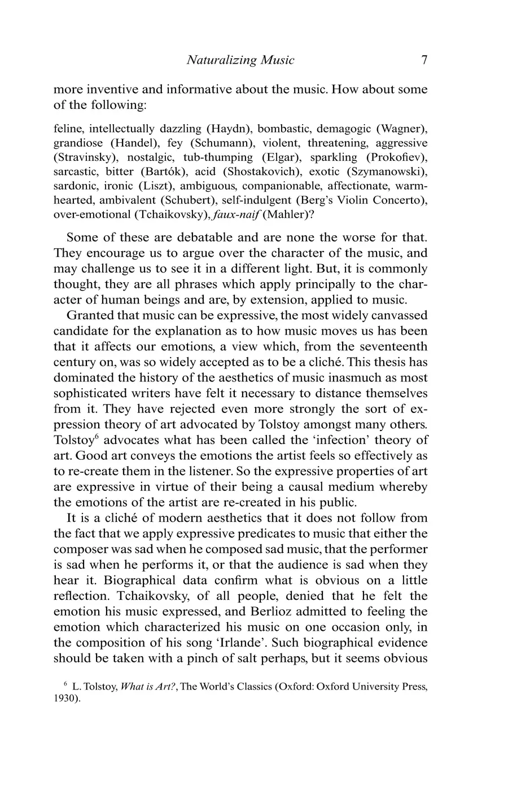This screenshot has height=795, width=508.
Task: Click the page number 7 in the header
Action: click(424, 60)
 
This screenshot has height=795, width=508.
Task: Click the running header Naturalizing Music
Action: click(240, 60)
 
